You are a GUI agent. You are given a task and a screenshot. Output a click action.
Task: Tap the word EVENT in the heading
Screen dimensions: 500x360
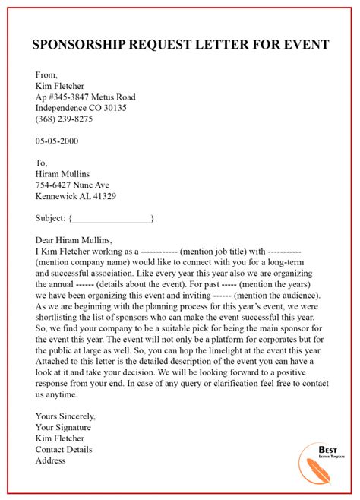tap(304, 44)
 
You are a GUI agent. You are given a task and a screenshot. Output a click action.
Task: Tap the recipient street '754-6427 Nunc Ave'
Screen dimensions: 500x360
tap(73, 185)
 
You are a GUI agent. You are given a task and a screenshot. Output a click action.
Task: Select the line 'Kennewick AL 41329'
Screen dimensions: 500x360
tap(76, 196)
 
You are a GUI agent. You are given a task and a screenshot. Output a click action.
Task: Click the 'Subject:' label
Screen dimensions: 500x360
tap(51, 218)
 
